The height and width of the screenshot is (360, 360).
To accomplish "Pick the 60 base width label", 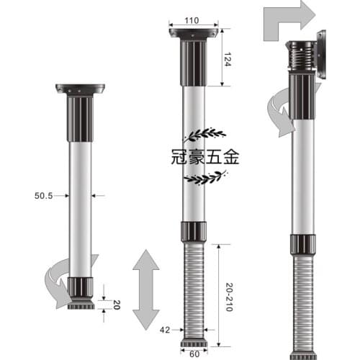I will [194, 354].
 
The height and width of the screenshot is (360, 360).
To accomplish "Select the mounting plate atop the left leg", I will [80, 89].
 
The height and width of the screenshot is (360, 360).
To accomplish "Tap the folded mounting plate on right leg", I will [320, 54].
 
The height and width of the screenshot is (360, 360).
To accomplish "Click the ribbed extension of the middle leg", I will [194, 288].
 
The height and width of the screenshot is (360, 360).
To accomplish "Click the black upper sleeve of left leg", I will [80, 119].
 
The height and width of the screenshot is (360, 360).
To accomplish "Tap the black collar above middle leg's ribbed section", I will [194, 232].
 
